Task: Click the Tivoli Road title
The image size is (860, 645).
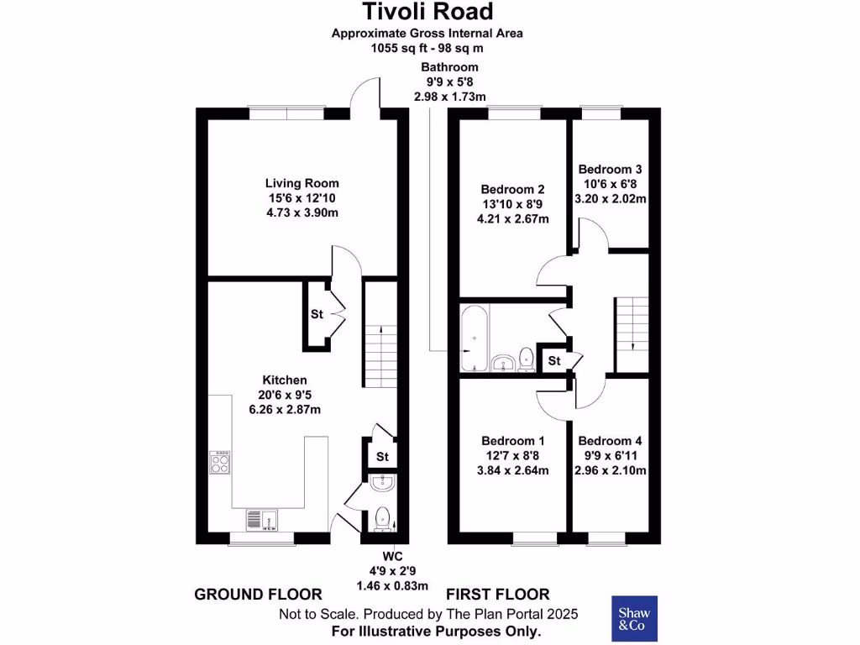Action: (x=427, y=12)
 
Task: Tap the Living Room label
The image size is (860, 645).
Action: (x=302, y=183)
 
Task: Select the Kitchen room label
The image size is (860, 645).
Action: (x=285, y=380)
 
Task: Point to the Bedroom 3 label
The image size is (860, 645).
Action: (x=610, y=169)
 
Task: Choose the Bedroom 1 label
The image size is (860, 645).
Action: (x=513, y=441)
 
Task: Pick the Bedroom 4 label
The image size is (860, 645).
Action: (x=610, y=441)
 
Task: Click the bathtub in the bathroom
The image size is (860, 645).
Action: (x=474, y=338)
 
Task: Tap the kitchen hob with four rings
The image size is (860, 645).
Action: (x=220, y=463)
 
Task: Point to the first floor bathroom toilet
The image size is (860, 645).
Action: (x=527, y=359)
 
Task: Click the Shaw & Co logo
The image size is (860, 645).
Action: (x=634, y=619)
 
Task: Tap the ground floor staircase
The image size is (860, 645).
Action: (x=380, y=336)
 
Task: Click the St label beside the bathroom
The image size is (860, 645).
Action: (x=553, y=361)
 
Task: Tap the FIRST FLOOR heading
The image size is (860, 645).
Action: (x=498, y=595)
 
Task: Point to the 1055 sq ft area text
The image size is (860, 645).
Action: (x=427, y=49)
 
